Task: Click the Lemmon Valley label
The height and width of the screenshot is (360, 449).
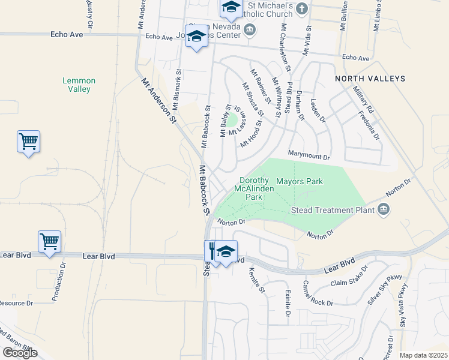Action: [79, 85]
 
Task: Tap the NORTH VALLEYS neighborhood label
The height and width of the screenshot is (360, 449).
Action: [370, 79]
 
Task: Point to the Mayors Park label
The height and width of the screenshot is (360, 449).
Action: [299, 181]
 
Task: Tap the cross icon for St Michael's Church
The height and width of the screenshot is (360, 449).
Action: [302, 8]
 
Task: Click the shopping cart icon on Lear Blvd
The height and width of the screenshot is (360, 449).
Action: [49, 242]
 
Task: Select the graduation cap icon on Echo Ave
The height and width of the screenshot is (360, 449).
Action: [196, 37]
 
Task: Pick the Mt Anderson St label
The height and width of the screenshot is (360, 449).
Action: [158, 101]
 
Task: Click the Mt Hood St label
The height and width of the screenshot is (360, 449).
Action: [252, 134]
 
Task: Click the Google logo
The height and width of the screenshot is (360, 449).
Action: [20, 352]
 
